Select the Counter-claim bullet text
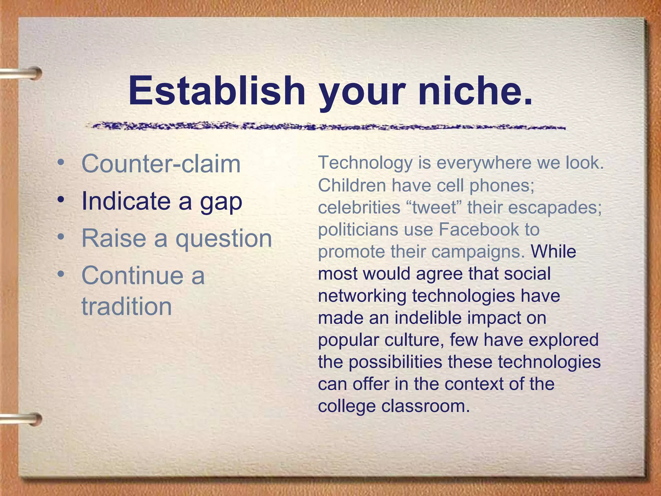[x=161, y=164]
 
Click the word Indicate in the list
[x=126, y=201]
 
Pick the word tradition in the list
[x=127, y=306]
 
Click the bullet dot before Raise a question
[x=60, y=237]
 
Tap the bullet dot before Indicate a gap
[x=60, y=200]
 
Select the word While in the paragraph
[x=553, y=252]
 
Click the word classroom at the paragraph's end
[x=425, y=406]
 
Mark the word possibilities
[x=395, y=362]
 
